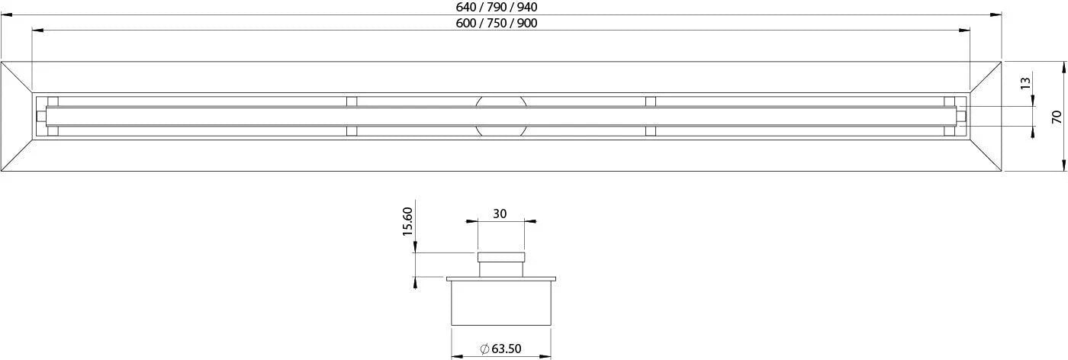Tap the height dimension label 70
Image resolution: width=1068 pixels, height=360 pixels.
click(x=1057, y=117)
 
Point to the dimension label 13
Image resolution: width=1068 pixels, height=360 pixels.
click(x=1026, y=82)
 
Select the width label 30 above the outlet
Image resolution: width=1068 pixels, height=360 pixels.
click(x=500, y=214)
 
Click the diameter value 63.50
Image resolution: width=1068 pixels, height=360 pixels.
click(x=507, y=349)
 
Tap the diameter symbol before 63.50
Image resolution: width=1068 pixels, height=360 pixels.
click(x=484, y=349)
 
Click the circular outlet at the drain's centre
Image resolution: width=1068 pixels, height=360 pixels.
click(x=500, y=116)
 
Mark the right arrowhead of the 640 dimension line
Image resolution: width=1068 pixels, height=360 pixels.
click(x=996, y=14)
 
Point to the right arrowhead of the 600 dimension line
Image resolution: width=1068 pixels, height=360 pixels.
click(x=965, y=31)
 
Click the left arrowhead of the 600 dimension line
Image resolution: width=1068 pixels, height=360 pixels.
click(x=37, y=31)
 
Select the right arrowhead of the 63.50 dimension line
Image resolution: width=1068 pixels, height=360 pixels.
click(x=545, y=355)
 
